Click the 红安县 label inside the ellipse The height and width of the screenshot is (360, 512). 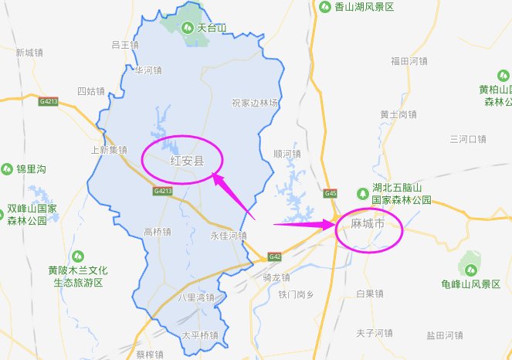coord(186,161)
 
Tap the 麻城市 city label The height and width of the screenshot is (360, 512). coord(367,224)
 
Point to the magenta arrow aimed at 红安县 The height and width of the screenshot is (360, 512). coord(231,195)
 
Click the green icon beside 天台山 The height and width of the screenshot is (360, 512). coord(187,28)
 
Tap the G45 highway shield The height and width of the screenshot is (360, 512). coord(331,193)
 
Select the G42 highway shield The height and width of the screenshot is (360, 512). coord(274,256)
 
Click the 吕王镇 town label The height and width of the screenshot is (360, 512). coord(124,45)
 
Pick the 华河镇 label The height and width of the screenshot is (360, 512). coord(147,70)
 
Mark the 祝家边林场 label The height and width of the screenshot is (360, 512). coord(255,103)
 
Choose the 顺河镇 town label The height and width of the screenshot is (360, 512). coord(287,154)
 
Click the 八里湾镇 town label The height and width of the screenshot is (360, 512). coord(195,297)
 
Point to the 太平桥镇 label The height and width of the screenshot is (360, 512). coord(200,335)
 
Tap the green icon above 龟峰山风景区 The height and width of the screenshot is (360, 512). coord(469,267)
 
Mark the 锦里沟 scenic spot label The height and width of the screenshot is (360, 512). coord(31,168)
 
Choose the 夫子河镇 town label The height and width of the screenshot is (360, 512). coord(374,333)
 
